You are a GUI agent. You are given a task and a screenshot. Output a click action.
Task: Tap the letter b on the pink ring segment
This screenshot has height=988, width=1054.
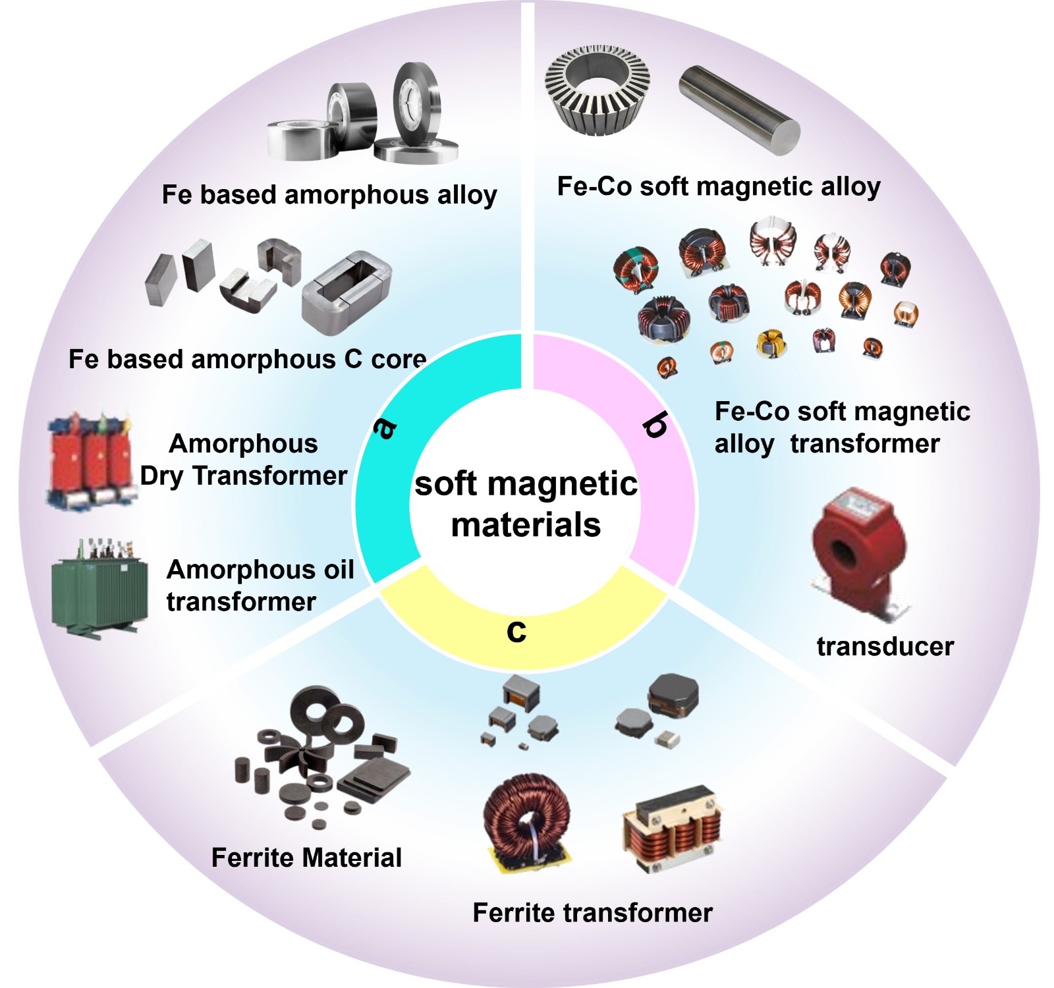(x=655, y=425)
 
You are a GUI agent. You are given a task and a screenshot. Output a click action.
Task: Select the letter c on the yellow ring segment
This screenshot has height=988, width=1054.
(x=516, y=631)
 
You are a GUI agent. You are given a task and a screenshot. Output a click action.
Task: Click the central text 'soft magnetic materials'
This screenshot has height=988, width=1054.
(x=526, y=504)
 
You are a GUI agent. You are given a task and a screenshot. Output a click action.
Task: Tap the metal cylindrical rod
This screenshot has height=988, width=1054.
(x=740, y=110)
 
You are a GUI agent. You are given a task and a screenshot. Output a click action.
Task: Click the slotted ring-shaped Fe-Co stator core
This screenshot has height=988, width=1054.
(x=597, y=90)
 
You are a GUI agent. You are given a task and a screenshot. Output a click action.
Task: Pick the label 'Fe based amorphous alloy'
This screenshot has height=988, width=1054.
(x=329, y=195)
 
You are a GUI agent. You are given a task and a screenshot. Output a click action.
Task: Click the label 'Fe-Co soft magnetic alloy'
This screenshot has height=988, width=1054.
(x=719, y=186)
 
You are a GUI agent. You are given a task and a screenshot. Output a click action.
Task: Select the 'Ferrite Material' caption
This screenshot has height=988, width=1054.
(x=306, y=858)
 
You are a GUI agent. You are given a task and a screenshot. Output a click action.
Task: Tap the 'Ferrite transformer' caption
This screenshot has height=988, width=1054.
(x=593, y=913)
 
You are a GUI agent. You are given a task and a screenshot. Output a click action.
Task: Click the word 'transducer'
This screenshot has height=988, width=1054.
(x=885, y=646)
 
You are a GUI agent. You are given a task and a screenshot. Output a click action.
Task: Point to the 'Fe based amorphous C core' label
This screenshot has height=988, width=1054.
(x=248, y=360)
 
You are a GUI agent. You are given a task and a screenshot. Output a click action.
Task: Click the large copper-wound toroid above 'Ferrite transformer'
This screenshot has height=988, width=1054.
(x=528, y=823)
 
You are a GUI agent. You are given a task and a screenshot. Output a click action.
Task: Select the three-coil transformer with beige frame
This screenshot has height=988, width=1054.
(x=672, y=829)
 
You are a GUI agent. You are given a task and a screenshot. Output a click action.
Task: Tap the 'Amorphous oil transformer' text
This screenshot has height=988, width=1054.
(x=260, y=586)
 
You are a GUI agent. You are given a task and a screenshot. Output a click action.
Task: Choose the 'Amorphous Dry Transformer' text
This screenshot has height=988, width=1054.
(x=244, y=460)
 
